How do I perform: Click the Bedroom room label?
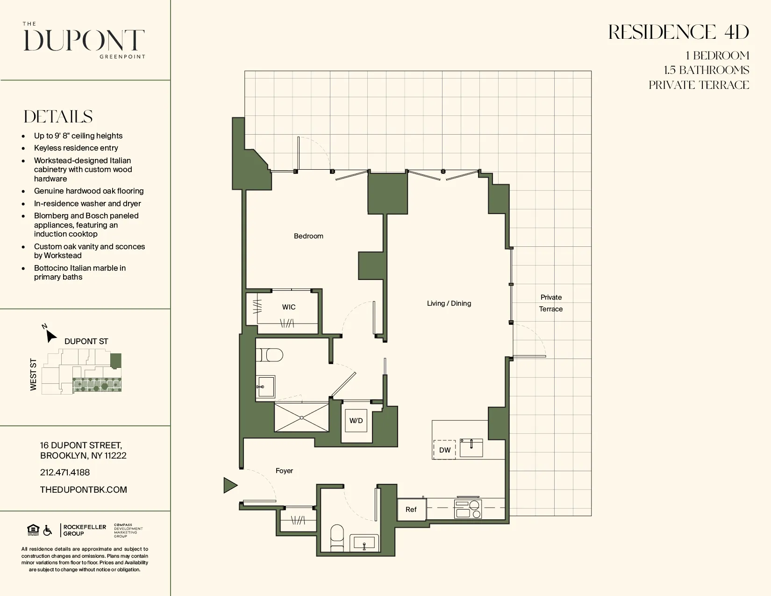click(x=308, y=236)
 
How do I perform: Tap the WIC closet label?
click(x=288, y=307)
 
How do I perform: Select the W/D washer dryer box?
click(x=356, y=421)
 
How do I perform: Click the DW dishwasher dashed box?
click(x=444, y=450)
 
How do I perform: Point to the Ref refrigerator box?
click(x=411, y=510)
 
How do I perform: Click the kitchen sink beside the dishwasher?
click(x=471, y=447)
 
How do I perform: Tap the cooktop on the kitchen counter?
click(x=468, y=509)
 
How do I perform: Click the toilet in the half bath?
click(x=337, y=538)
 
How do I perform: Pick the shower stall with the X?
click(x=301, y=417)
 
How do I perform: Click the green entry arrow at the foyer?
click(x=230, y=485)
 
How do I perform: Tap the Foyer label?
click(x=284, y=471)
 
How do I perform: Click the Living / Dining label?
click(x=449, y=303)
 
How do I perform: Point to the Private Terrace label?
click(x=551, y=303)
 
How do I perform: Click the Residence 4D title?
click(x=678, y=32)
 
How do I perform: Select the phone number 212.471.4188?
click(x=65, y=472)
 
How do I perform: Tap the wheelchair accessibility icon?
click(x=48, y=531)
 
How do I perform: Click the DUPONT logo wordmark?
click(x=85, y=41)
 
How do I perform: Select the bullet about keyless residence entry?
click(x=76, y=148)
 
